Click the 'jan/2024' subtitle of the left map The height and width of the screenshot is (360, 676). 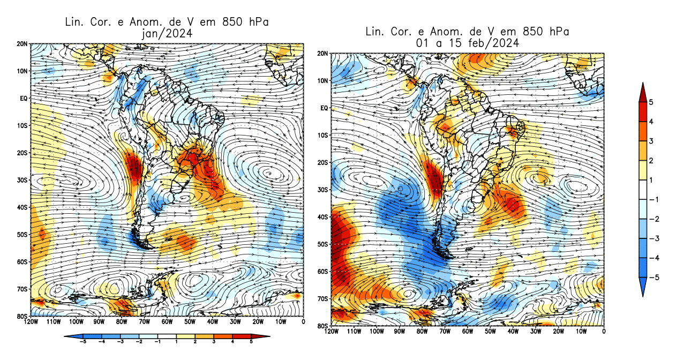pos(166,33)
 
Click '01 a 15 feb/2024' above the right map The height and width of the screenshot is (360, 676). pos(467,43)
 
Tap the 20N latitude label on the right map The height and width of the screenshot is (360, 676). pos(323,54)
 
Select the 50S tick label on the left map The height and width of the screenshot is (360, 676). pos(23,234)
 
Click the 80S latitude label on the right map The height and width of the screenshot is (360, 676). pos(323,326)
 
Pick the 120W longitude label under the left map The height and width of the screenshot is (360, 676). pos(31,322)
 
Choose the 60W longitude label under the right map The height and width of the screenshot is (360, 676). pos(468,332)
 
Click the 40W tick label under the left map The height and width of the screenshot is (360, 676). pos(212,322)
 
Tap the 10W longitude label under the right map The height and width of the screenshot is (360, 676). pos(581,332)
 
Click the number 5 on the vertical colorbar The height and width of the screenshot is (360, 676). pos(651,102)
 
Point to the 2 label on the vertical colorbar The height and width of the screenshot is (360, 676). pos(651,161)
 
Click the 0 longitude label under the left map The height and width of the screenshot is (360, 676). pos(303,322)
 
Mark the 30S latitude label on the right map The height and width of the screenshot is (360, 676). pos(323,190)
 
